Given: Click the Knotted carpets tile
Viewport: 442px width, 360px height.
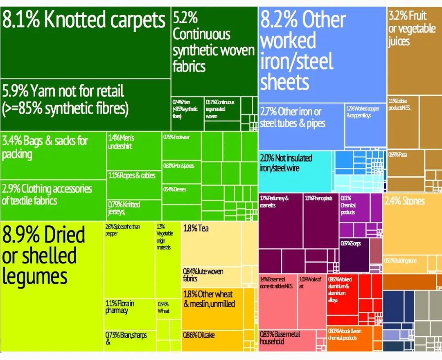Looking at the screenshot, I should pyautogui.click(x=85, y=45).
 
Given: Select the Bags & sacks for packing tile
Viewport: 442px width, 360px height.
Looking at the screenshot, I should pyautogui.click(x=53, y=155).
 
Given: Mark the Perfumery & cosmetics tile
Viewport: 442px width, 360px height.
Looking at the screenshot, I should pyautogui.click(x=280, y=221).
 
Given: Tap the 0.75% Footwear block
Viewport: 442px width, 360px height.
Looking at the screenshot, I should pyautogui.click(x=181, y=145).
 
